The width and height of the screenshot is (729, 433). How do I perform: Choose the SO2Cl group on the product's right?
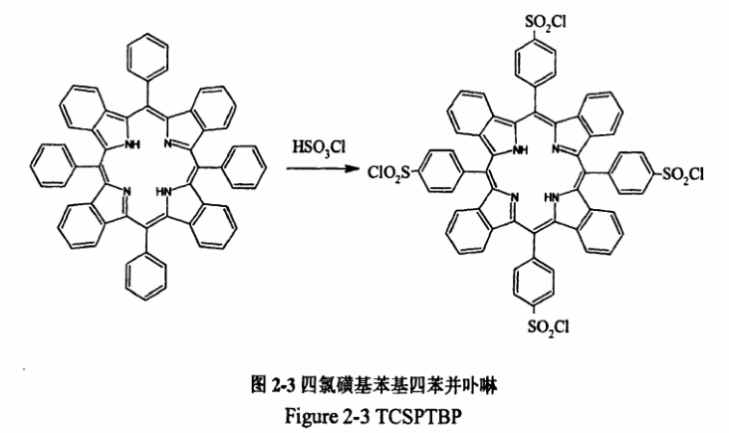pos(681,175)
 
